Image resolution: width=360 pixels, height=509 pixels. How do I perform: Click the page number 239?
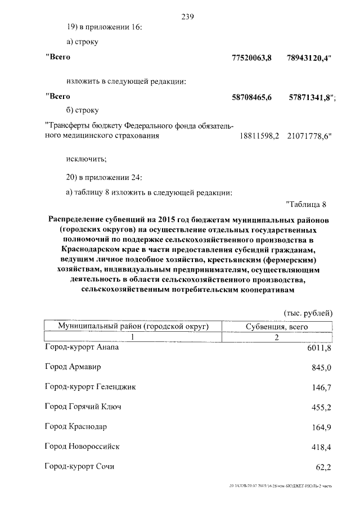click(x=187, y=16)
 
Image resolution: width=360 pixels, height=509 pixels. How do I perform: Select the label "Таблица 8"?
click(x=305, y=204)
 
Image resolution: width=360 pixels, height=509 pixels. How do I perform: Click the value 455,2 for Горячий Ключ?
click(x=321, y=407)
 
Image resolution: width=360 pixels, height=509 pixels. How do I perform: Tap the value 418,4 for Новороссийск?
click(x=321, y=447)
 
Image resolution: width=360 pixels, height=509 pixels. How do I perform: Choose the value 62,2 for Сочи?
click(x=323, y=467)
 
